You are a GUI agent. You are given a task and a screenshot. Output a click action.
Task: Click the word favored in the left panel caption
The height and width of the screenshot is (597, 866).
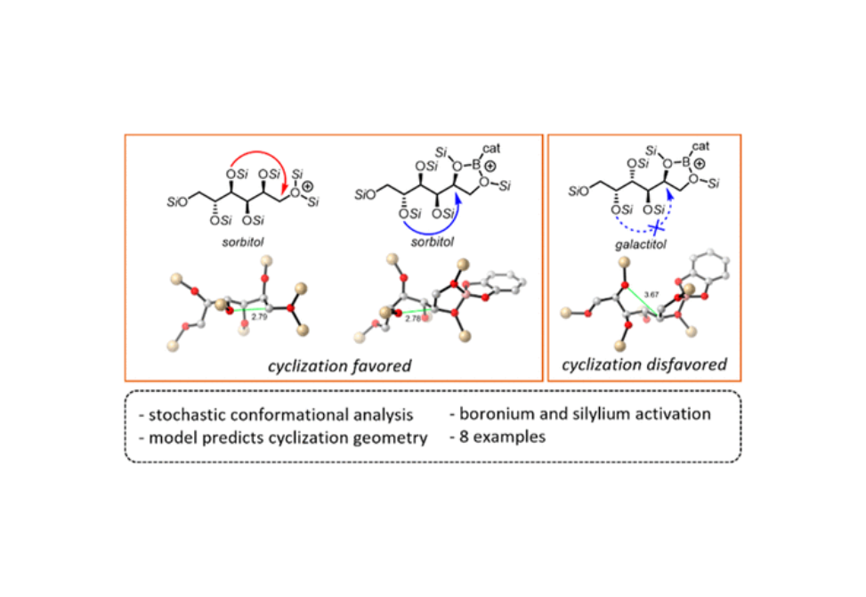tap(378, 364)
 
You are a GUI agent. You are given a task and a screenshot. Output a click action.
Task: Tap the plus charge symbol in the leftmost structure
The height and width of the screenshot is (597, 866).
tap(306, 188)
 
